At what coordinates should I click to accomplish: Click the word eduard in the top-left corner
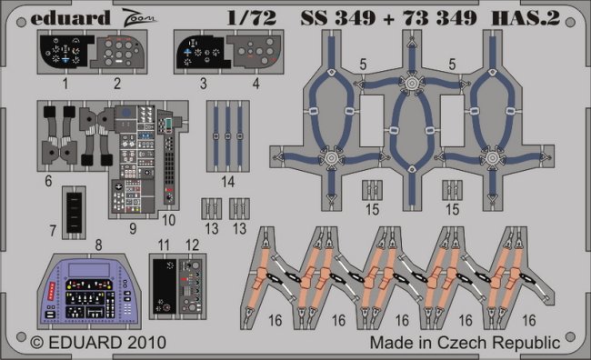[70, 17]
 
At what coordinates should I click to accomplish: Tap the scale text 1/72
[252, 17]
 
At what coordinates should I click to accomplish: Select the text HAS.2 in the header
[526, 17]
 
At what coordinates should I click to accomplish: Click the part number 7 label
[53, 231]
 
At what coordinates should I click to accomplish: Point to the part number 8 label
[98, 245]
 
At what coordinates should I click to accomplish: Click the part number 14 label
[228, 182]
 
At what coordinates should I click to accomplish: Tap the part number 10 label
[168, 220]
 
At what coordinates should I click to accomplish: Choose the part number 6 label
[48, 181]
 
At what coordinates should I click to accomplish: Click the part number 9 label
[133, 228]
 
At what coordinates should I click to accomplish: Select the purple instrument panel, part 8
[90, 291]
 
